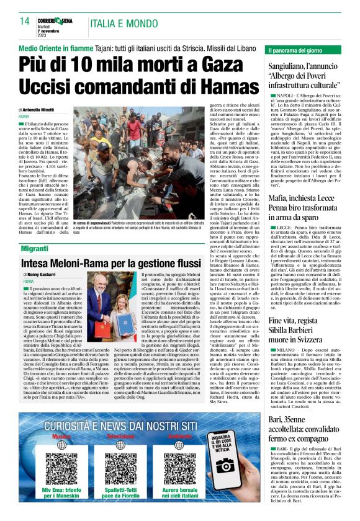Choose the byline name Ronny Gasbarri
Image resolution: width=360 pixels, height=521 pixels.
pos(47,274)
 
